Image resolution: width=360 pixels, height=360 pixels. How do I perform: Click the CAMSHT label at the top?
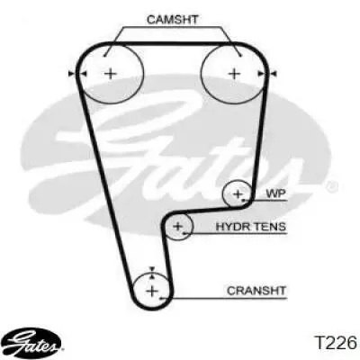coord(173,20)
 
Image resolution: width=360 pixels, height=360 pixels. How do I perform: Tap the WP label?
coord(276,193)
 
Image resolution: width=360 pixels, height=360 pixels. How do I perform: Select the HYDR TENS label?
coord(251,227)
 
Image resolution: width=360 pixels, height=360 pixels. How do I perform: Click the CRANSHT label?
coord(256,291)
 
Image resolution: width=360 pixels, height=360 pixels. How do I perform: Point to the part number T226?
coord(336,343)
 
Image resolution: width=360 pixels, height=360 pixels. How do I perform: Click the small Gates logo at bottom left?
coord(34,342)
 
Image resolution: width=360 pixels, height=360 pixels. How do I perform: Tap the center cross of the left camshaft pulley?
coord(111,74)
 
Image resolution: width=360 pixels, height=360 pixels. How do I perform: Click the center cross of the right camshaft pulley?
coord(234,74)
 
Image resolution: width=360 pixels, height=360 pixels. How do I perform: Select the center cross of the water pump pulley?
coord(238,193)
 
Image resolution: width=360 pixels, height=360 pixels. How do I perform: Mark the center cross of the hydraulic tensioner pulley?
coord(178,226)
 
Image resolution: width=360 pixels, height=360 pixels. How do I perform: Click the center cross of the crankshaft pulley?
coord(152,291)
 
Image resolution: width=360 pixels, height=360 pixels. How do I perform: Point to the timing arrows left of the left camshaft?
coord(77,74)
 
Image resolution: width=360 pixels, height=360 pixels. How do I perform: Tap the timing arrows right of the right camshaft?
coord(267,74)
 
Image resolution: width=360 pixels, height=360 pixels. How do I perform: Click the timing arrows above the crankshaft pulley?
coord(152,274)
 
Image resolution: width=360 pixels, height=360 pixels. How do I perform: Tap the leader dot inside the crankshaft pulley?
coord(161,299)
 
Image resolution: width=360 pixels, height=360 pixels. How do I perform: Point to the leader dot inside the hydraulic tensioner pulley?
coord(184,233)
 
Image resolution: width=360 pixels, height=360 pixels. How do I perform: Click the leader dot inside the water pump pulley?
coord(244,200)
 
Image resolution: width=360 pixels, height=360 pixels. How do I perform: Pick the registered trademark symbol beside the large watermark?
coord(332,186)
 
